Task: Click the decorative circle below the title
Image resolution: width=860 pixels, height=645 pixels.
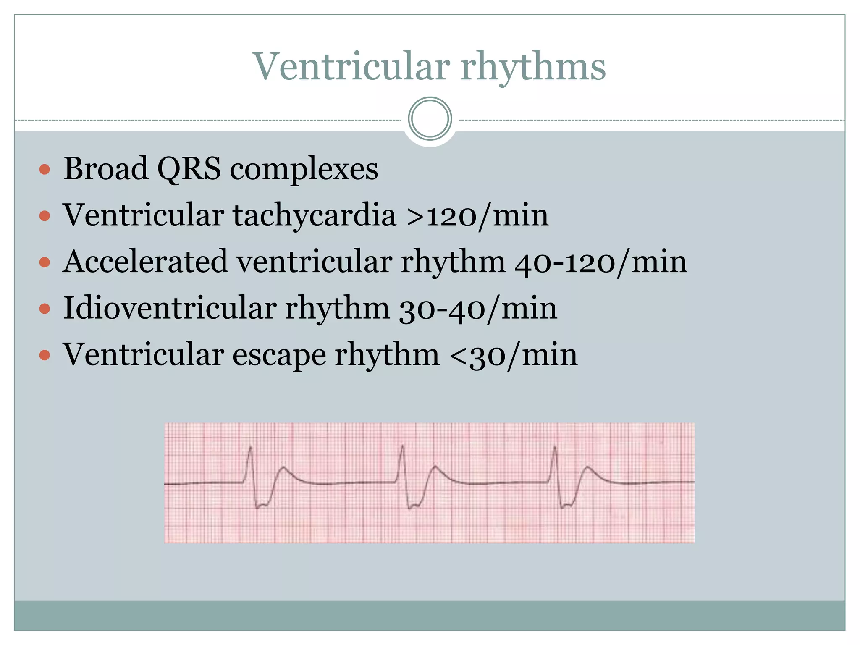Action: click(430, 119)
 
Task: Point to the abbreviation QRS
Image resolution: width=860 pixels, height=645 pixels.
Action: click(189, 169)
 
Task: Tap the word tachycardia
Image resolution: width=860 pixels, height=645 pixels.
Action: click(315, 215)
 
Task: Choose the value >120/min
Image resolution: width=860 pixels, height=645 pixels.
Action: click(477, 216)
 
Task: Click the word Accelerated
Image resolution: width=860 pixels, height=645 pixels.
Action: click(145, 262)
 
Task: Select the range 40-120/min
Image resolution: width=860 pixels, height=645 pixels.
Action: click(601, 262)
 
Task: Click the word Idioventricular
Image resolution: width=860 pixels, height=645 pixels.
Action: click(169, 308)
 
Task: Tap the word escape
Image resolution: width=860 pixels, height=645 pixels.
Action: click(279, 355)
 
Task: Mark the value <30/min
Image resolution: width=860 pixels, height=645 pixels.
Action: click(514, 355)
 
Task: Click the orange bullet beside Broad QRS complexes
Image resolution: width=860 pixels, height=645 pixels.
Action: click(45, 170)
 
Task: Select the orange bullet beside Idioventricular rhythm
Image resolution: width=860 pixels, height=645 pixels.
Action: click(45, 309)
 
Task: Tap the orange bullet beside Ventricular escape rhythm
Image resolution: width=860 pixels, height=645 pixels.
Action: click(45, 356)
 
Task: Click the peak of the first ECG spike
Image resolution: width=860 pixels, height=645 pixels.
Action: click(251, 448)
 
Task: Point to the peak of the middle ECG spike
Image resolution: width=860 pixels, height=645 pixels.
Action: click(403, 446)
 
